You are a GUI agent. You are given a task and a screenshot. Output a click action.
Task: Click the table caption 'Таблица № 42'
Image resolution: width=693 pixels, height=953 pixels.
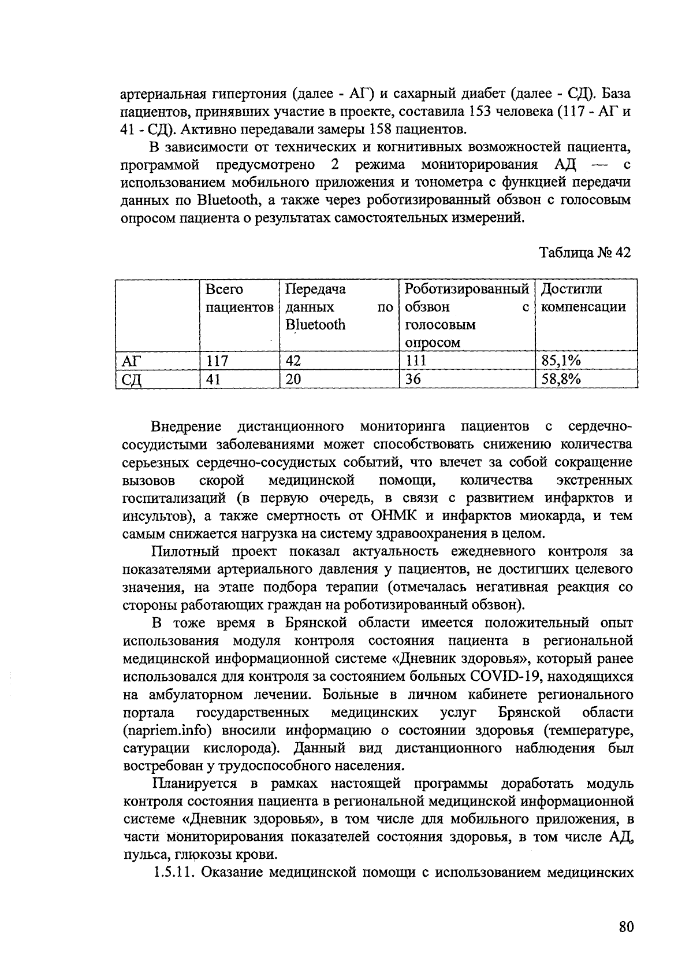tap(585, 253)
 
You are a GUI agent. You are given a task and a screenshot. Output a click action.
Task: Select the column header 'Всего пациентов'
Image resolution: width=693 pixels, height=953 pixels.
tap(239, 298)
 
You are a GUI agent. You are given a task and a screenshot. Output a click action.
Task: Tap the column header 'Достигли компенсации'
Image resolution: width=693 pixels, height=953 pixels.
tap(583, 298)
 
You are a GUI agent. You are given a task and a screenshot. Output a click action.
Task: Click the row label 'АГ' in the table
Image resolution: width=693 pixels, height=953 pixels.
tap(132, 361)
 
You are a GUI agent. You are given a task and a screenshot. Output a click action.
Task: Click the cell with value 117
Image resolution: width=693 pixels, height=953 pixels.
tap(217, 361)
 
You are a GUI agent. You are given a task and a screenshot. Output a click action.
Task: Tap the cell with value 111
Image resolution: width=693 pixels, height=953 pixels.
tap(415, 361)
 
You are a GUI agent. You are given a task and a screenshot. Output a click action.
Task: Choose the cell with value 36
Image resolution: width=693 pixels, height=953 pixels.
tap(413, 379)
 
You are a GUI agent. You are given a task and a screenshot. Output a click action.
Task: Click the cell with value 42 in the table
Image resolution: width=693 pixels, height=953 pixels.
tap(293, 361)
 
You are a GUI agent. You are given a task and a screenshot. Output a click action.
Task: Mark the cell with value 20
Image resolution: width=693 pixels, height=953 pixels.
tap(293, 379)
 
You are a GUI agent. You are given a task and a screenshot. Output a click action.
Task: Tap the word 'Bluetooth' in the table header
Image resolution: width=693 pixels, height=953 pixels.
tap(315, 325)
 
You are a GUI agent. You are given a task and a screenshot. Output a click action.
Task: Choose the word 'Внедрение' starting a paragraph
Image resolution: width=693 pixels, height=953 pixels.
tap(187, 427)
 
